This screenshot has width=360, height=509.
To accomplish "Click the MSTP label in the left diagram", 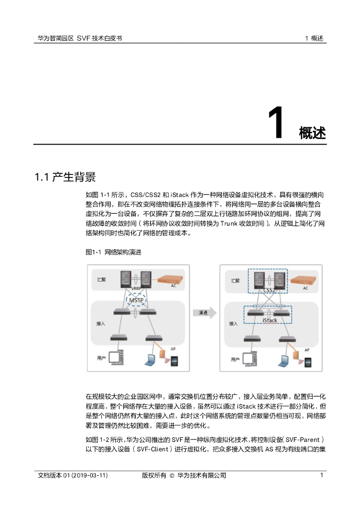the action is click(136, 300).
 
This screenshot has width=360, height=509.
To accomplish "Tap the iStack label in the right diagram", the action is click(270, 321).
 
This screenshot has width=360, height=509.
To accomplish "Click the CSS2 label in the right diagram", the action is click(269, 290).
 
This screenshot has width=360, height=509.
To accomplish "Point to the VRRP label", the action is click(136, 288).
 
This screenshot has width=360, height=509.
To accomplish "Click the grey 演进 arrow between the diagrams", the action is click(204, 313).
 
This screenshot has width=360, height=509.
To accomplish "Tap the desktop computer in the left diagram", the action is click(116, 357).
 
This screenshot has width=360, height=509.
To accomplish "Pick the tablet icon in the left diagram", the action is click(175, 361).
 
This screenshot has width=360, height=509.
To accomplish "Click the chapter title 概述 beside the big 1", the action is click(312, 133).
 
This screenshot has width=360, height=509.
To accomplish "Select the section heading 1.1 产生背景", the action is click(65, 177).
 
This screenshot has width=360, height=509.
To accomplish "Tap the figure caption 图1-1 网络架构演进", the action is click(113, 252).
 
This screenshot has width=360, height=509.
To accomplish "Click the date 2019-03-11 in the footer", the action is click(89, 475).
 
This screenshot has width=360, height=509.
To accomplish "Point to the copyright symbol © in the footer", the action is click(172, 476).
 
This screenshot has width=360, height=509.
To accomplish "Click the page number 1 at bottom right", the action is click(322, 475).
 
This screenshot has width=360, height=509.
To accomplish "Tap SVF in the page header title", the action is click(83, 38).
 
